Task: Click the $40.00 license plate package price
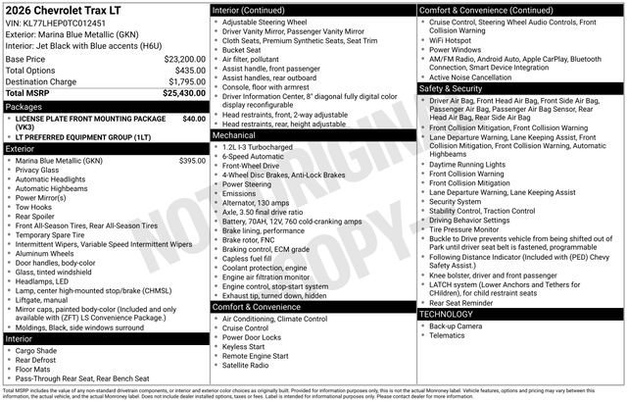pyautogui.click(x=193, y=118)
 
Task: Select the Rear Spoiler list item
pyautogui.click(x=38, y=217)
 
